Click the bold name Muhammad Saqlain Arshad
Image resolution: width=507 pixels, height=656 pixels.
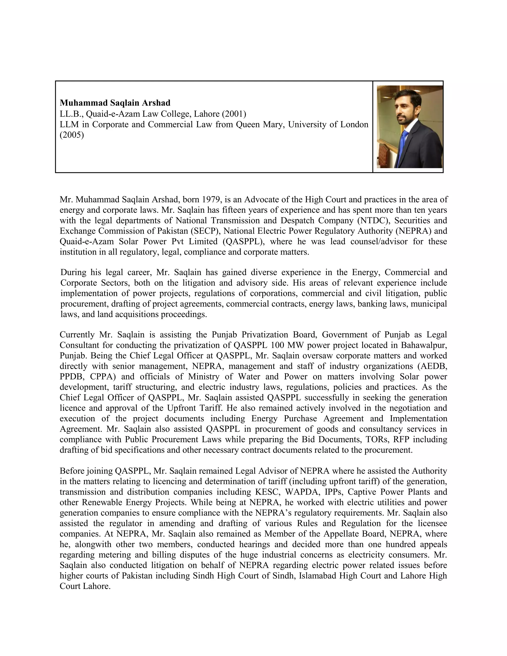(115, 103)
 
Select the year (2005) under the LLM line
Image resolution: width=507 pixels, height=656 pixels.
(72, 135)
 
